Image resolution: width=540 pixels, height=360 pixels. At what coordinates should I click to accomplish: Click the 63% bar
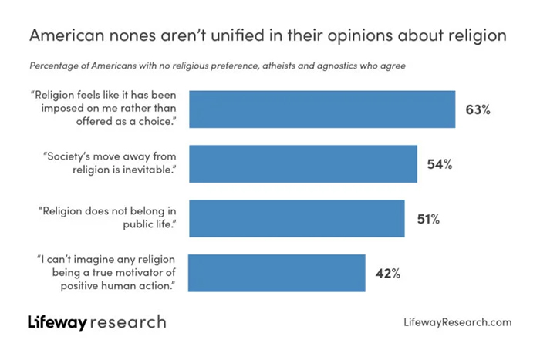pos(322,109)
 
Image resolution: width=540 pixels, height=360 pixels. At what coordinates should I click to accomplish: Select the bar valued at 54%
pos(303,163)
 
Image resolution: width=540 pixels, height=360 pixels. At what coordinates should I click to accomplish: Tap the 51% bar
pos(297,218)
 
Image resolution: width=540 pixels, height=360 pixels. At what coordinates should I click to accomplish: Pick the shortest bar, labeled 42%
pos(277,274)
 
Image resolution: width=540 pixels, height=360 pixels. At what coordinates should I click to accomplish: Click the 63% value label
pos(478,109)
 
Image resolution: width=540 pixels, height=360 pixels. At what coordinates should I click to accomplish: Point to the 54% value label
pos(440,164)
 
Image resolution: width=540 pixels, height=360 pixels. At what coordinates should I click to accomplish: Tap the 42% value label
pos(388,274)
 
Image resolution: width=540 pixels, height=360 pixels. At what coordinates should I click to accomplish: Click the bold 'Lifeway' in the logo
pos(57,321)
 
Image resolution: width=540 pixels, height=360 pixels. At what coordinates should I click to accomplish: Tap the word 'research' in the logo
pos(127,321)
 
